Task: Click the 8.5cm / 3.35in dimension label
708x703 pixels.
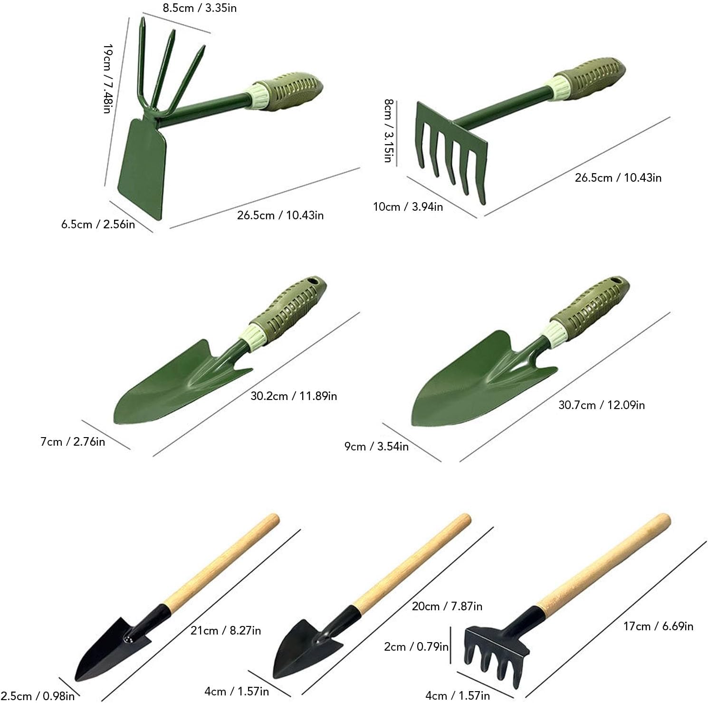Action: [200, 8]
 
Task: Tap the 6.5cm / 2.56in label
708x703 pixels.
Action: [98, 224]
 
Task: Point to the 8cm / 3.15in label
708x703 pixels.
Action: [388, 130]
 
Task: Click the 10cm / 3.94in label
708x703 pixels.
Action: [408, 207]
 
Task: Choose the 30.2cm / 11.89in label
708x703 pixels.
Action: [294, 396]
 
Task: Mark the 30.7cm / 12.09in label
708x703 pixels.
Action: [602, 405]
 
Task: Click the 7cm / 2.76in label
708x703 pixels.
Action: [73, 442]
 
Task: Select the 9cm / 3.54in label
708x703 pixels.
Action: [376, 447]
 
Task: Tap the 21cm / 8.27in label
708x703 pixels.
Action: [226, 631]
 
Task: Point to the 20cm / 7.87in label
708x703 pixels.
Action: [447, 606]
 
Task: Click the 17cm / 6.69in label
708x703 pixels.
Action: [658, 626]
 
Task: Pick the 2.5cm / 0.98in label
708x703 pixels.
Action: [38, 696]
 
